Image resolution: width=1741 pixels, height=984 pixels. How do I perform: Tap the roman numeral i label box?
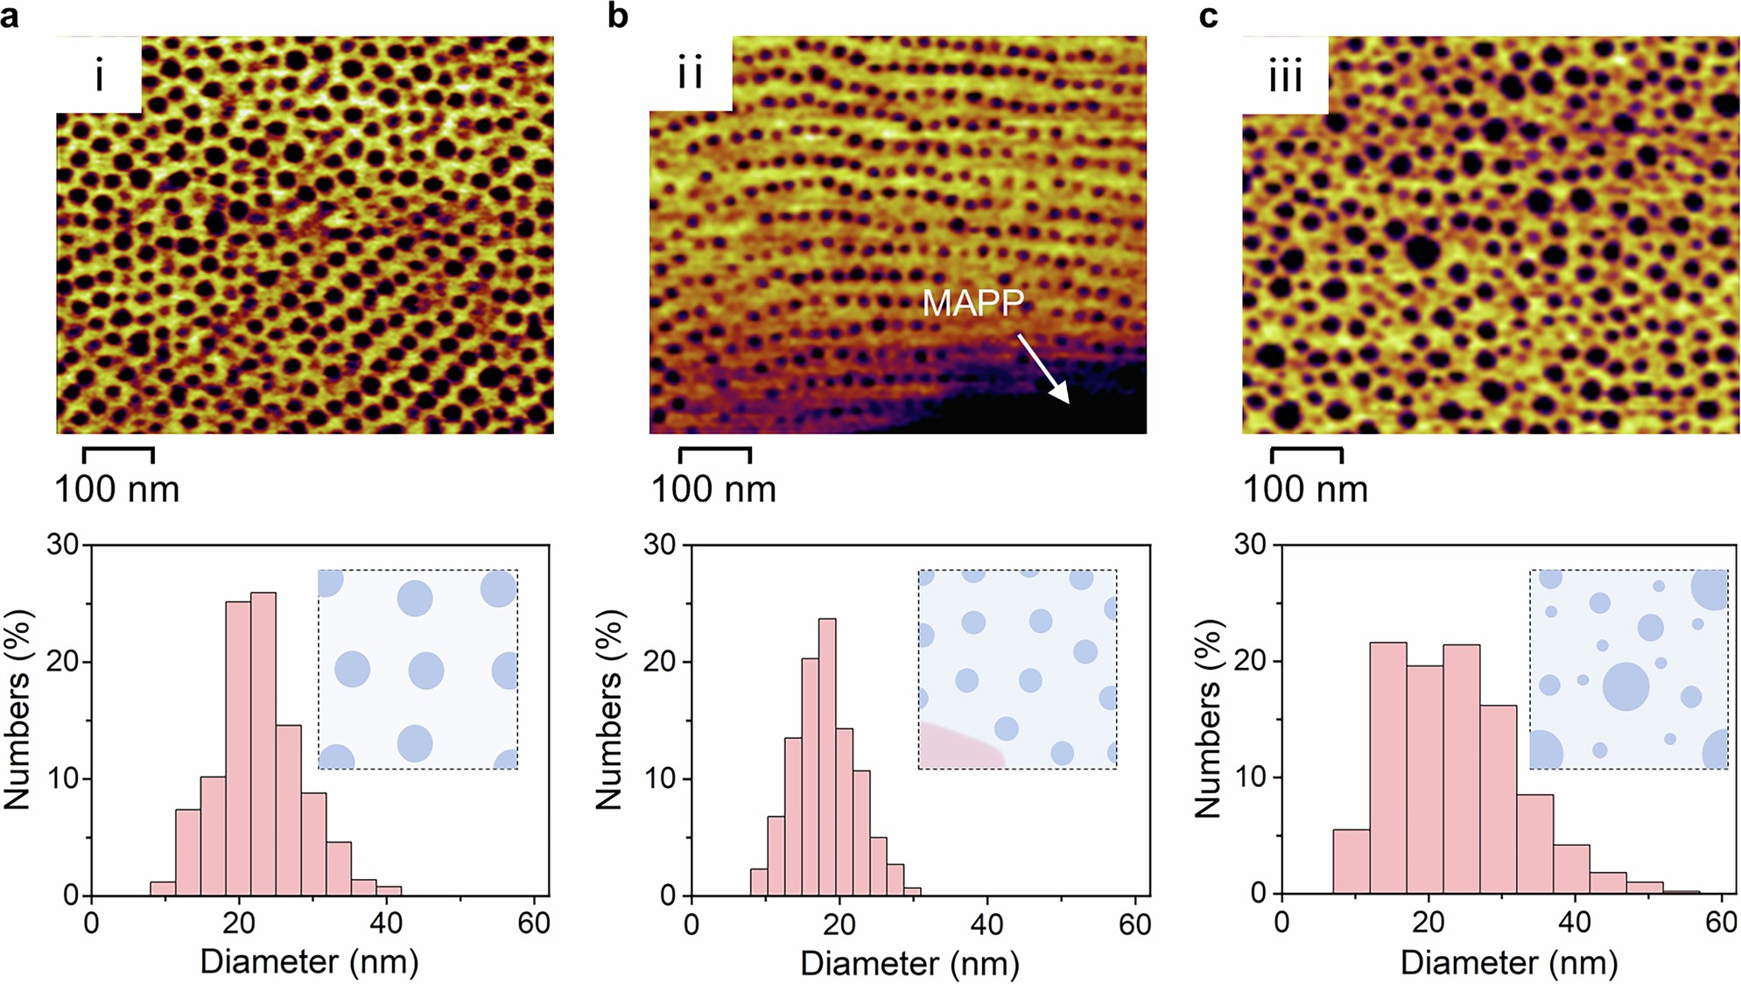click(99, 75)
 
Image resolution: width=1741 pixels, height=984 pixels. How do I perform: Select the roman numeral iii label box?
click(1284, 75)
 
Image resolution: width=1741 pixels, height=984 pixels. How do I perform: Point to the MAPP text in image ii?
click(972, 303)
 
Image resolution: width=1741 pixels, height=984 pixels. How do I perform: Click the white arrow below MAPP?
click(1043, 368)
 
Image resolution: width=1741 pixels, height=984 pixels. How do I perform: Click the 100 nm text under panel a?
click(116, 489)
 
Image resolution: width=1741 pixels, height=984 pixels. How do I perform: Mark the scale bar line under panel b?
click(714, 450)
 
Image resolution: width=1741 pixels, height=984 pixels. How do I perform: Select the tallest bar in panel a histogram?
click(263, 744)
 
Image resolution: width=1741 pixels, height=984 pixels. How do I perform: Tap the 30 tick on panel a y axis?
click(63, 545)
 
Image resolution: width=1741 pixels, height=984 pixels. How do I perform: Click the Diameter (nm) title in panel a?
click(309, 961)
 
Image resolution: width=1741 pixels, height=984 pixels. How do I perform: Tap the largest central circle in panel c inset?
click(1625, 685)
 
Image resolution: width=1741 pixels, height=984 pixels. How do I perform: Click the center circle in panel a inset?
click(426, 671)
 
